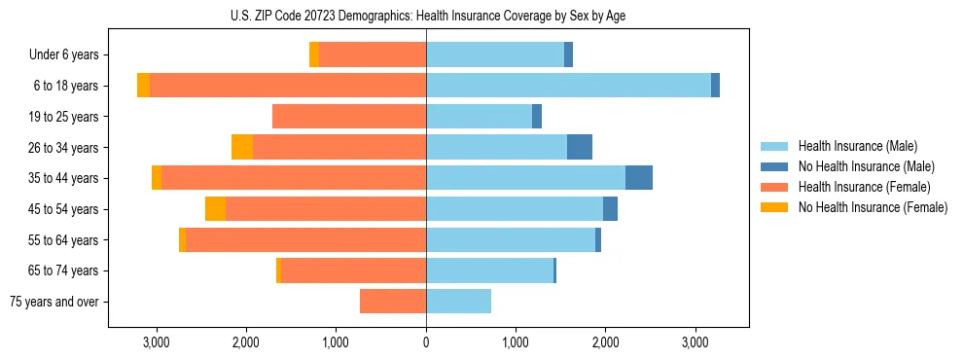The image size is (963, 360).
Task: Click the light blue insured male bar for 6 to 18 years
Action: [568, 86]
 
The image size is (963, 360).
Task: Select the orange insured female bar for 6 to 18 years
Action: [288, 86]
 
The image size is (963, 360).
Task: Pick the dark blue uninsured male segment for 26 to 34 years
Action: [580, 147]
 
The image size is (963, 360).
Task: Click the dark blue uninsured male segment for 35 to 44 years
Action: [639, 178]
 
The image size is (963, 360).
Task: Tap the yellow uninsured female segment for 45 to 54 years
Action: [215, 209]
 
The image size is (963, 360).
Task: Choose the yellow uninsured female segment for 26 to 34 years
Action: [242, 147]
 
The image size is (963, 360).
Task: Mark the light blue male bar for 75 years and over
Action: [458, 302]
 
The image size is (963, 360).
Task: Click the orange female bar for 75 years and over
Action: [393, 302]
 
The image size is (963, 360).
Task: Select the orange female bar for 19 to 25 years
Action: [349, 117]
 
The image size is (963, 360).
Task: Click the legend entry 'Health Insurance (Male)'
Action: [857, 146]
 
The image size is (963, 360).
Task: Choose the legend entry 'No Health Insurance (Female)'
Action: [873, 207]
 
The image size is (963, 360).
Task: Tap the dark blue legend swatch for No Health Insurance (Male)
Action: [774, 166]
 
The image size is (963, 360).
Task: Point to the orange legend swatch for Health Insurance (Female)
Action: [774, 187]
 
